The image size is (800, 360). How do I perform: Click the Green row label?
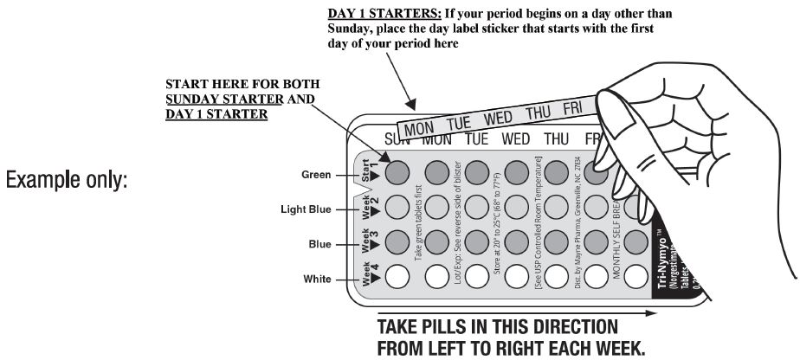[315, 174]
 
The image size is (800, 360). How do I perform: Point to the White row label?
[315, 278]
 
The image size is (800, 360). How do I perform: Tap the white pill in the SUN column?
[397, 277]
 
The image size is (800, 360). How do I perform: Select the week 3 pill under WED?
[517, 242]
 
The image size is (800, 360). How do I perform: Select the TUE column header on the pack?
[476, 138]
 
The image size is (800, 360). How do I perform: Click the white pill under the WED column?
[517, 277]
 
